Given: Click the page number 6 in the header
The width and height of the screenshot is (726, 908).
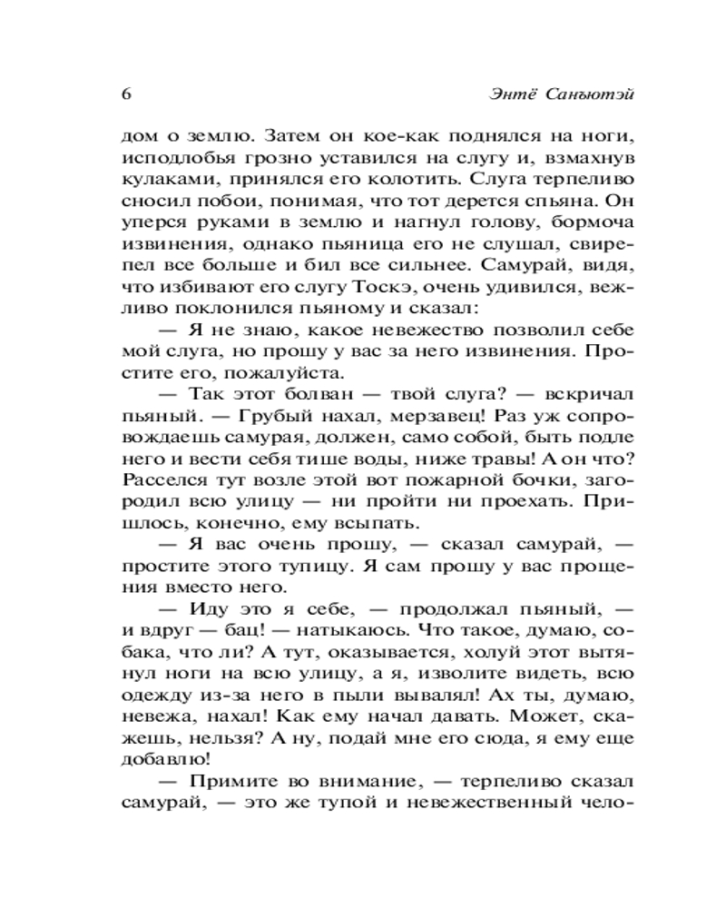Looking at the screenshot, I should (x=126, y=95).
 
